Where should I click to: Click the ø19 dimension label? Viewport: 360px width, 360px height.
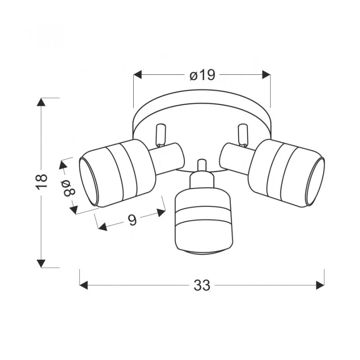[202, 75]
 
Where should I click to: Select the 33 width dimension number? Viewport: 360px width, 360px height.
[202, 285]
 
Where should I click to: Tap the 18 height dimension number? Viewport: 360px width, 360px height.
[41, 182]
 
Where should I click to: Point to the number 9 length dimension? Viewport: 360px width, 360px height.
[132, 220]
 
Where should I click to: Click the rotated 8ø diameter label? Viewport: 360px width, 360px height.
[69, 188]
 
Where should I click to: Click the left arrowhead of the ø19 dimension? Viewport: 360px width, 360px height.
[138, 75]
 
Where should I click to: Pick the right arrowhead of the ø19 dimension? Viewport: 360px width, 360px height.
[266, 75]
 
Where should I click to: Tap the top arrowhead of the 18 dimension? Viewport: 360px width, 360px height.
[41, 102]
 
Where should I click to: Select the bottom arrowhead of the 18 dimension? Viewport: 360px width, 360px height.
[41, 263]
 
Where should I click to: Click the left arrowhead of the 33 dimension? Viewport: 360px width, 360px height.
[84, 285]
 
